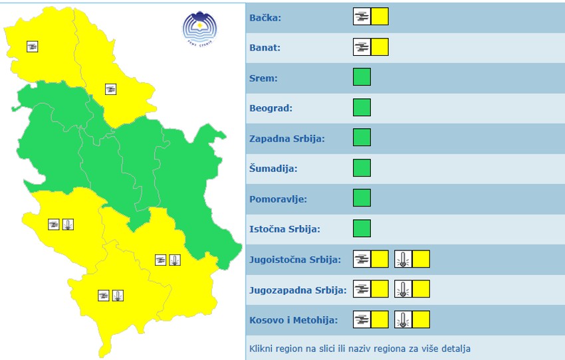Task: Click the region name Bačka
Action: coord(265,18)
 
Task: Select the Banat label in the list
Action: coord(265,48)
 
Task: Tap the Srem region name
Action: coord(263,78)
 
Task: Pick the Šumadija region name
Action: coord(273,169)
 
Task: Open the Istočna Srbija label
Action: coord(284,229)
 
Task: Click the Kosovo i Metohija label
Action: coord(293,320)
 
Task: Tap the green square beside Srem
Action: coord(362,77)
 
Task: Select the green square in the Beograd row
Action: coord(362,107)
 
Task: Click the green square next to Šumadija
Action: coord(362,168)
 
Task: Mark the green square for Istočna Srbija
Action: coord(362,228)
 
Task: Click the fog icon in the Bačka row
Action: coord(362,17)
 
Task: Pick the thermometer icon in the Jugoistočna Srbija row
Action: coord(403,259)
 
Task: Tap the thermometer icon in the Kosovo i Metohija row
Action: coord(403,319)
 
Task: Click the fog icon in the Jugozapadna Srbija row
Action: coord(362,289)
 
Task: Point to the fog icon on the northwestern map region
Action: coord(32,46)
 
